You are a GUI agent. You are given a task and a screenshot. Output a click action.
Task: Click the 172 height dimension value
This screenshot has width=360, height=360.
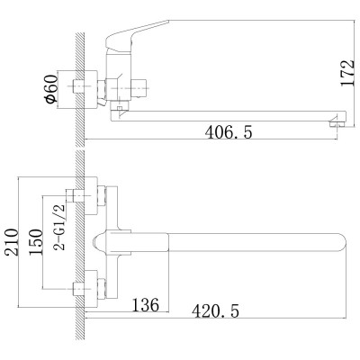(348, 73)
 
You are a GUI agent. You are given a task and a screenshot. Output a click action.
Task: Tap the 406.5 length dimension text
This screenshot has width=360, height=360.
(229, 132)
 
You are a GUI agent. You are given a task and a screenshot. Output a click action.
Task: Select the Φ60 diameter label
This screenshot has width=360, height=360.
(51, 89)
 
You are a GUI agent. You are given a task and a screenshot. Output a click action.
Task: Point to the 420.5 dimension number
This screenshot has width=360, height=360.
(216, 310)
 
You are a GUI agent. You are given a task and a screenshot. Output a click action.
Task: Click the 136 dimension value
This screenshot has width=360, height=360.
(146, 305)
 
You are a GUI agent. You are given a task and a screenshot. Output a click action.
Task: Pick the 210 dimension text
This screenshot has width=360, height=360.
(12, 242)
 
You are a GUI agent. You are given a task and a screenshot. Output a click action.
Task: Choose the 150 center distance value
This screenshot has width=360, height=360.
(36, 242)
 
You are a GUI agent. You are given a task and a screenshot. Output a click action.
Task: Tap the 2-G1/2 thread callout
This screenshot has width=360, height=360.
(58, 227)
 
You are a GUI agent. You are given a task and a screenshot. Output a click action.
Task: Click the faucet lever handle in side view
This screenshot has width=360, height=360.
(137, 36)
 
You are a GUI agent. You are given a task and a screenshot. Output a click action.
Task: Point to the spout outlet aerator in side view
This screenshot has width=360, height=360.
(337, 124)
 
